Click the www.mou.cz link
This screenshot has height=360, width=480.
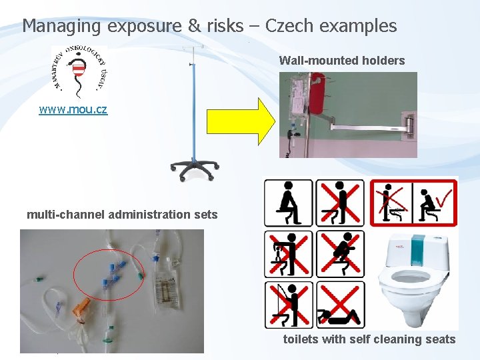pyautogui.click(x=73, y=109)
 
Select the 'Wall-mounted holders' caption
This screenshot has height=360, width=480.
pyautogui.click(x=341, y=61)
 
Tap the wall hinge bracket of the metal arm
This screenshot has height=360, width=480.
pyautogui.click(x=408, y=123)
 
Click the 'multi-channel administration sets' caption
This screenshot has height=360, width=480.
pyautogui.click(x=122, y=215)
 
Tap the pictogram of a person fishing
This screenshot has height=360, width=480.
pyautogui.click(x=288, y=304)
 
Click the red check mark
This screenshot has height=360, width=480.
pyautogui.click(x=442, y=196)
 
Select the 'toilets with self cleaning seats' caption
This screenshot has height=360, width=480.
pyautogui.click(x=369, y=339)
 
